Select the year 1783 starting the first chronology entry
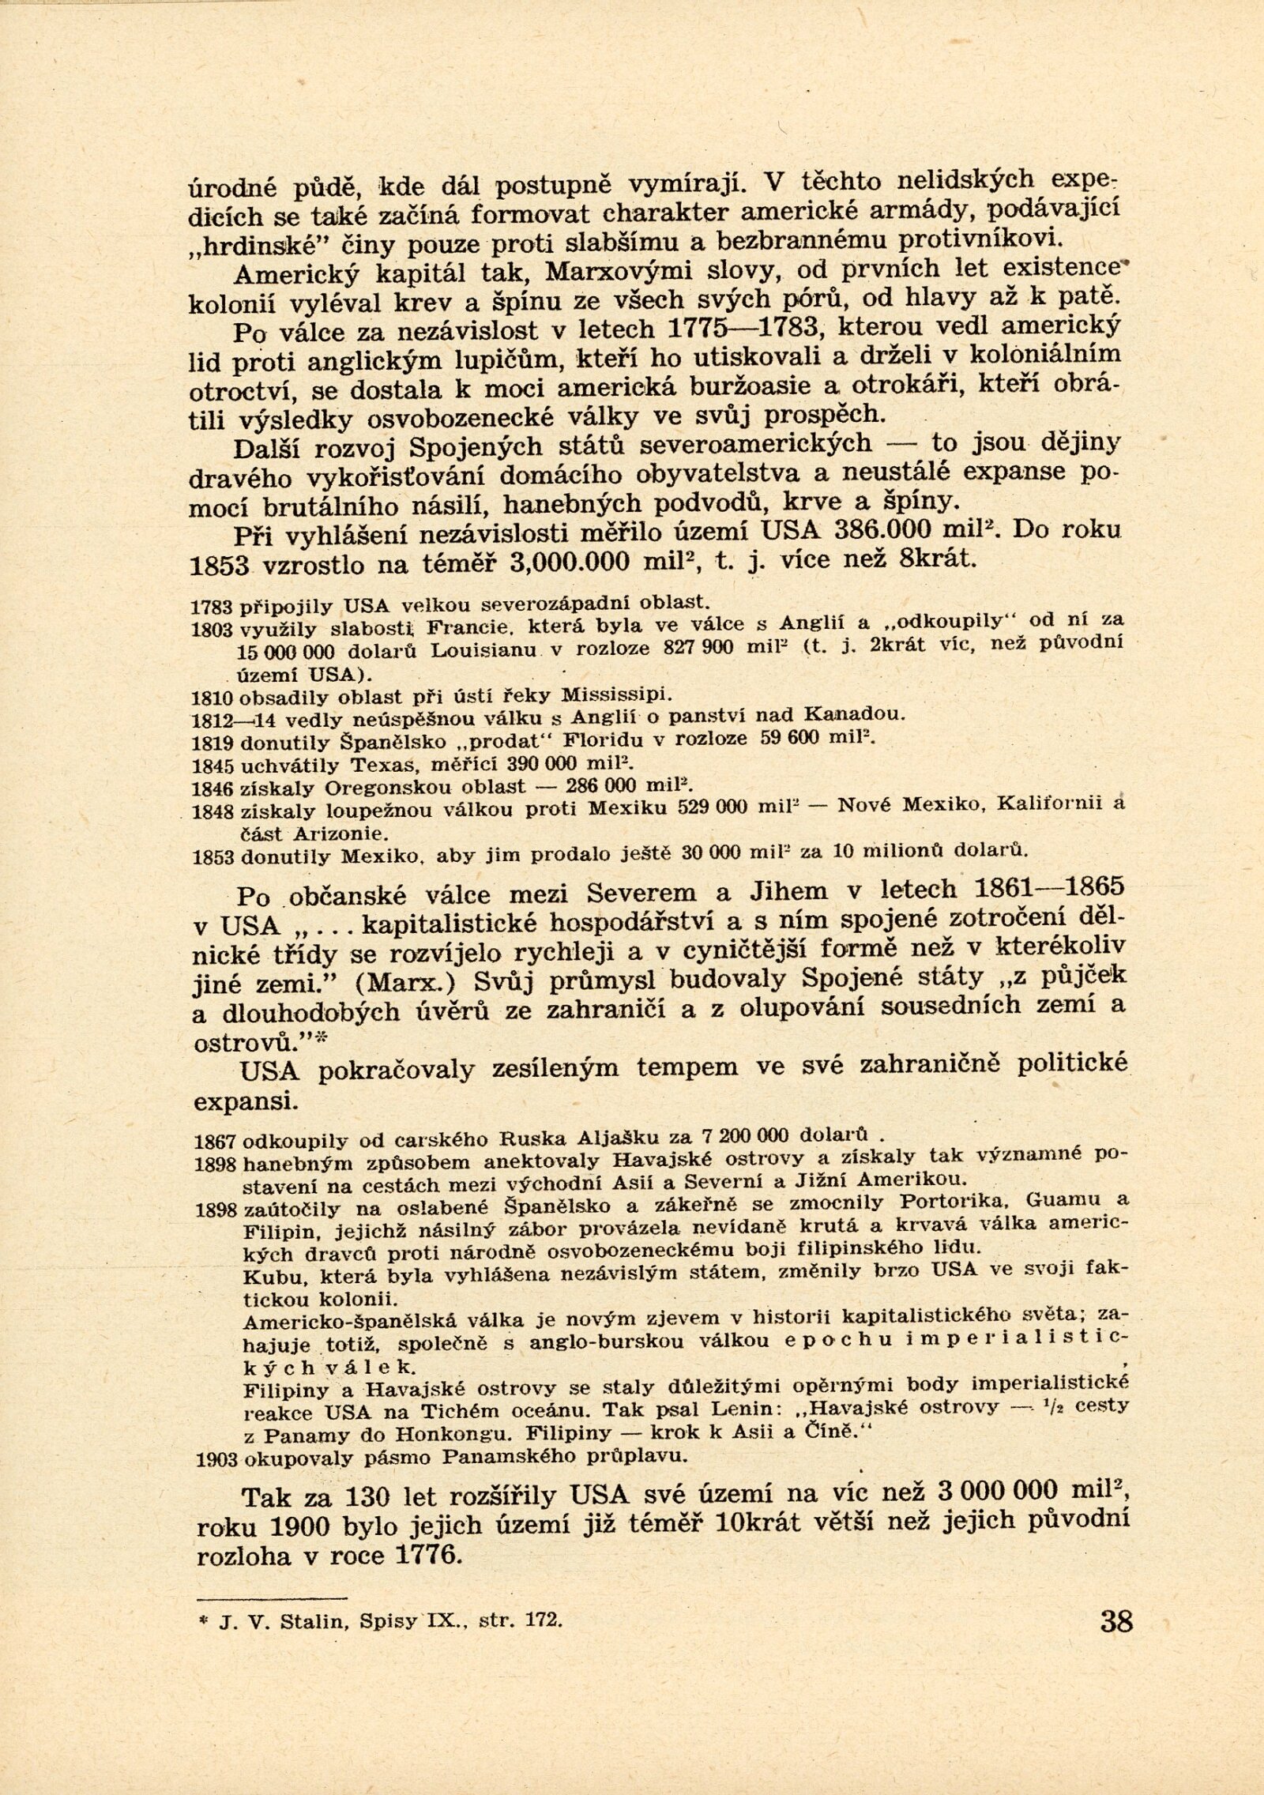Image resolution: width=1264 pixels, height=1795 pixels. tap(211, 607)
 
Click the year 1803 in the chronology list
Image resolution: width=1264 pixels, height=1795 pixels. tap(211, 630)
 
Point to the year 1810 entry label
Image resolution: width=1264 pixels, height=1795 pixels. tap(211, 698)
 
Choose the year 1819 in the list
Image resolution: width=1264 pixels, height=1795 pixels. tap(211, 743)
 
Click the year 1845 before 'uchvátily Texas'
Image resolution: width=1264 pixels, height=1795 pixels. tap(211, 766)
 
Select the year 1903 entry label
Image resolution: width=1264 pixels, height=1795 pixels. tap(216, 1458)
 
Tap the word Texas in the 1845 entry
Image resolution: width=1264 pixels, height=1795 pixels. tap(383, 765)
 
